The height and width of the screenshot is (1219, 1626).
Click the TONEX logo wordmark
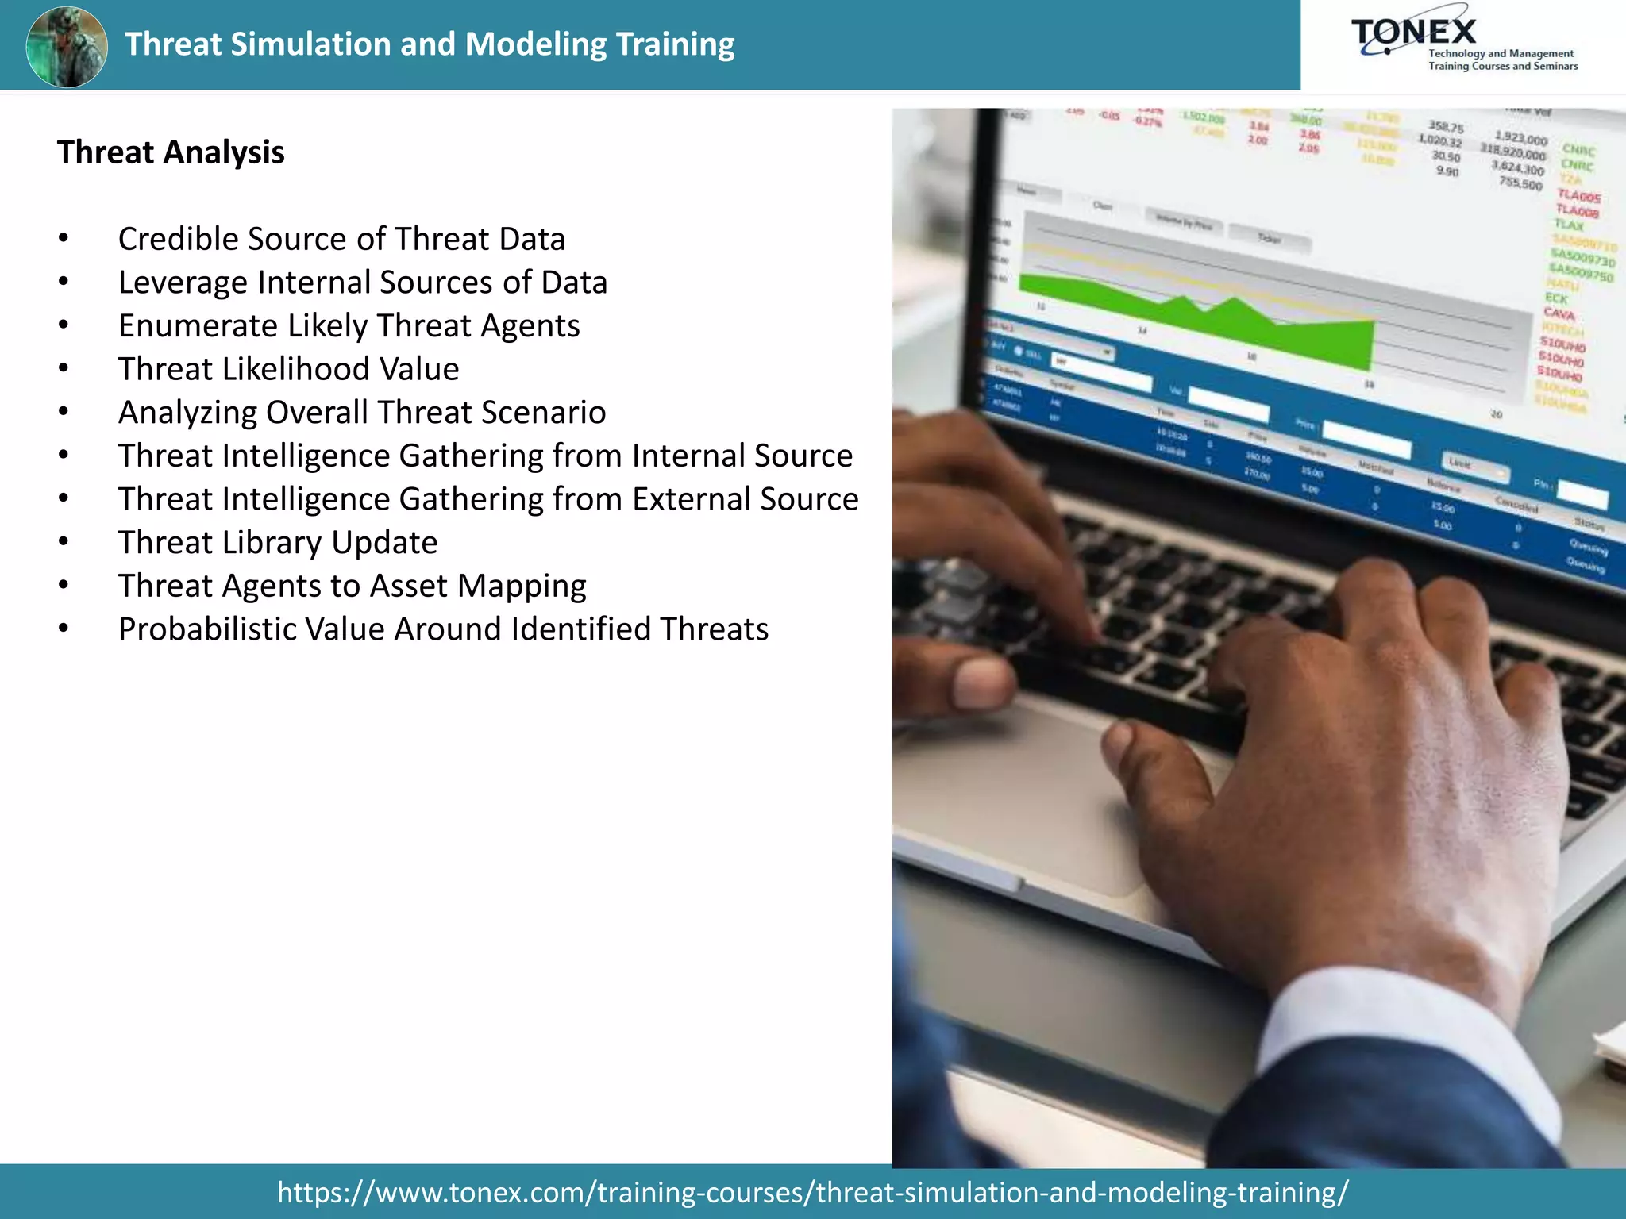(x=1414, y=33)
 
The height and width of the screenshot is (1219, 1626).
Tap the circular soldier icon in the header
(x=67, y=46)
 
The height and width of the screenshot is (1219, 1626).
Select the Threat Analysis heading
(x=171, y=152)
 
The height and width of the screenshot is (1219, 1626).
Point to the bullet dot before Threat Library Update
(x=64, y=542)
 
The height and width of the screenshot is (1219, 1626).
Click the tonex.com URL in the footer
(x=812, y=1192)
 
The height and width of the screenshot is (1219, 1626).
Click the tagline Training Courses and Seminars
(x=1503, y=67)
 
